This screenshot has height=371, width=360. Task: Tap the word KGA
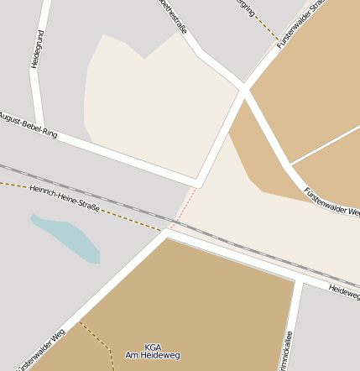[153, 347]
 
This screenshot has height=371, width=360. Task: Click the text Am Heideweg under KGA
[153, 356]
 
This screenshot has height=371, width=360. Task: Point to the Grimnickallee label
[288, 349]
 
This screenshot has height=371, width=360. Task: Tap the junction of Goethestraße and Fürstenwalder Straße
[243, 87]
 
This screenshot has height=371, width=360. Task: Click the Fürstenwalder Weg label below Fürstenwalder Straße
[331, 202]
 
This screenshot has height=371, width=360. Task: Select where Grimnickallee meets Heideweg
[298, 279]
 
